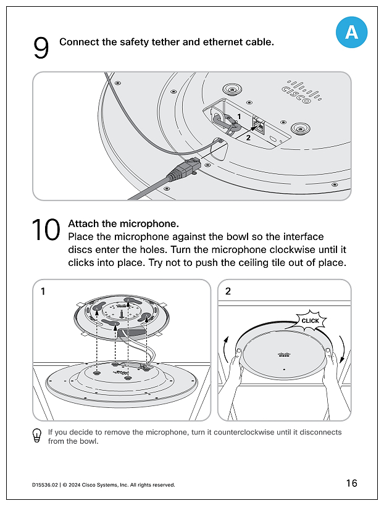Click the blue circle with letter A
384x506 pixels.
click(351, 32)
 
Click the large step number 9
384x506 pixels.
click(41, 49)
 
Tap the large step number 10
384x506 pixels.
click(46, 231)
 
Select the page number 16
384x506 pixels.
click(351, 483)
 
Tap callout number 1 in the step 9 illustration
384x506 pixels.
click(239, 116)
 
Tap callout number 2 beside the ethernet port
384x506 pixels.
click(248, 138)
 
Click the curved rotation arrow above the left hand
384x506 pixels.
click(227, 345)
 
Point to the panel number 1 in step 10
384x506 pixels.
click(42, 291)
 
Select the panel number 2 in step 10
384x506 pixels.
click(228, 291)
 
